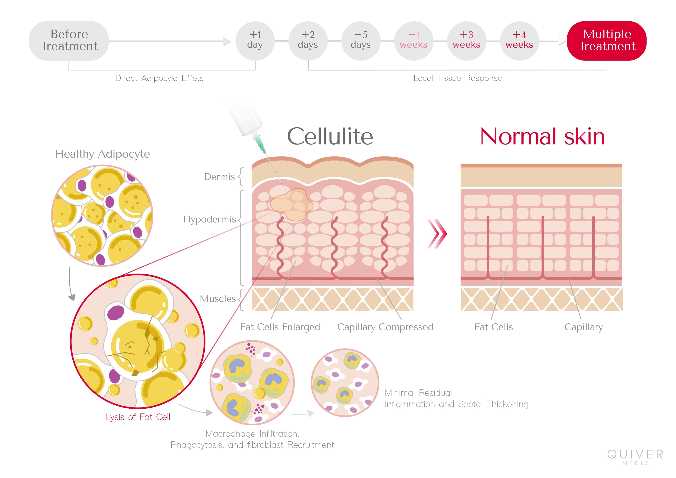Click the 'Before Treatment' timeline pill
(x=69, y=41)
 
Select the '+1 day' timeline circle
(x=255, y=41)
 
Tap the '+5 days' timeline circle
(x=361, y=41)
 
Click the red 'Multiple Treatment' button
(x=607, y=41)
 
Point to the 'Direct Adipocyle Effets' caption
(x=159, y=78)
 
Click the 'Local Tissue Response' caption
(x=458, y=78)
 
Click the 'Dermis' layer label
(x=220, y=177)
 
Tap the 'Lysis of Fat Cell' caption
(x=138, y=417)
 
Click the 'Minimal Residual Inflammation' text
(x=456, y=399)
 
